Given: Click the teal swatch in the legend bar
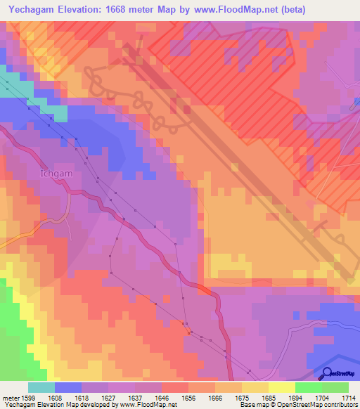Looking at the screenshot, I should coord(41,387).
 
